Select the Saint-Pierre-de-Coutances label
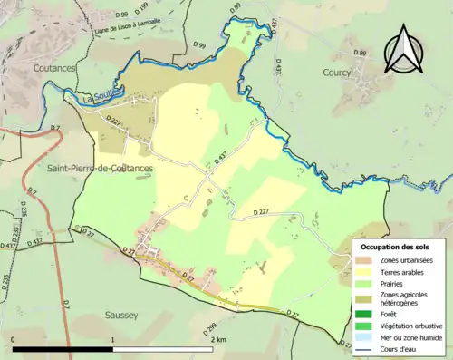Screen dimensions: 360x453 100,169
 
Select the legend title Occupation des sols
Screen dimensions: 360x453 395,247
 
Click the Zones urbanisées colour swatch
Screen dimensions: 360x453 367,260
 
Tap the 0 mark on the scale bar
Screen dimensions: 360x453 14,339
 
